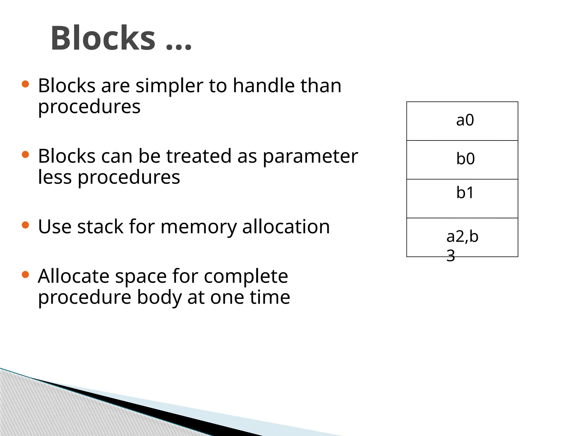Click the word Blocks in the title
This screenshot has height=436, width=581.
[x=103, y=38]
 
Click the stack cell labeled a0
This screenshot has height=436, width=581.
[x=462, y=121]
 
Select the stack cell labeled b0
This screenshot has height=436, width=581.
[x=462, y=160]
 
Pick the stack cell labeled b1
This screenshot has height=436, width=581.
[x=462, y=198]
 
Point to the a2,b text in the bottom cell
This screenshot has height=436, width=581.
[x=462, y=236]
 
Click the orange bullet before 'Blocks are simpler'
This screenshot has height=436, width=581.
[x=26, y=84]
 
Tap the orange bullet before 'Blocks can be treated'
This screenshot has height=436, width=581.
[x=26, y=155]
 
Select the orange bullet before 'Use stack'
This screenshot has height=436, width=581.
[x=26, y=225]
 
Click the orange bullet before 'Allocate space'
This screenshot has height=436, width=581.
[x=26, y=274]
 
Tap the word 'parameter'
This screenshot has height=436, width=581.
[x=310, y=157]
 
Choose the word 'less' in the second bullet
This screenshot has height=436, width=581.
[x=55, y=177]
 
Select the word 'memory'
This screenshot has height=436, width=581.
[x=198, y=227]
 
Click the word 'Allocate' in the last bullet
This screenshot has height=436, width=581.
[x=73, y=276]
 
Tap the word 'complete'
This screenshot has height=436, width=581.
[x=246, y=277]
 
